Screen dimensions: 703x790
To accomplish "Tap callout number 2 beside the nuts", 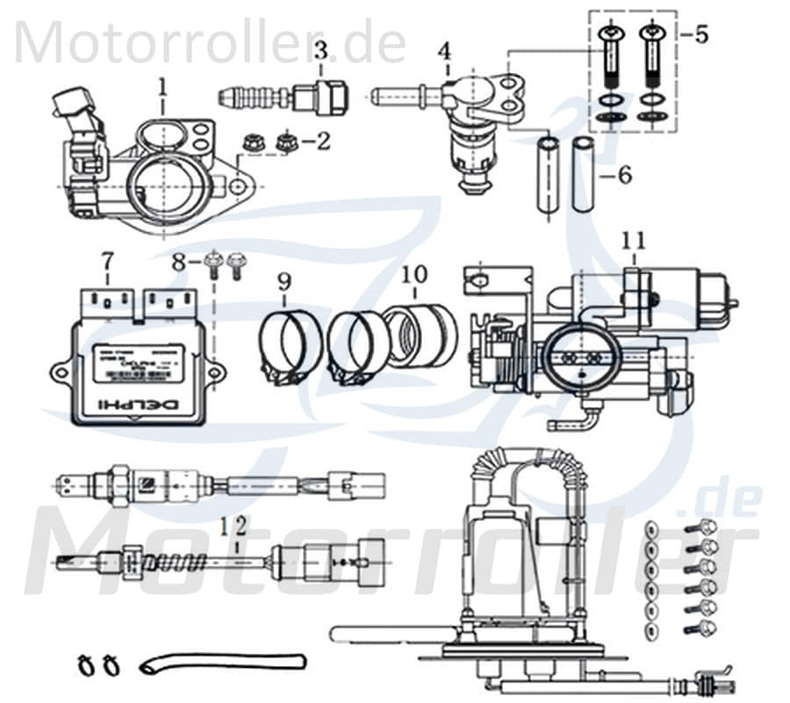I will click(x=323, y=140).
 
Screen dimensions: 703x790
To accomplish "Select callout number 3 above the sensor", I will click(x=321, y=51).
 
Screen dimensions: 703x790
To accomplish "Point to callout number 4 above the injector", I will click(x=447, y=51).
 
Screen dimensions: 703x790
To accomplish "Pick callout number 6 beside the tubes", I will click(x=623, y=175).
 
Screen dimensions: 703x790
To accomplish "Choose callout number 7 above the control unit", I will click(x=107, y=261).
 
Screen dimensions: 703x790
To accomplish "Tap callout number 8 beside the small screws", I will click(x=179, y=261).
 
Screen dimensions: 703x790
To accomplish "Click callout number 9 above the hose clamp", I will click(x=284, y=282).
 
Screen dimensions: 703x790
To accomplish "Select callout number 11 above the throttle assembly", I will click(x=633, y=240).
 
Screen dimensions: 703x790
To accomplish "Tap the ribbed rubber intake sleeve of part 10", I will click(x=420, y=335).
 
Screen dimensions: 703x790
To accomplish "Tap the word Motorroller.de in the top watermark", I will click(x=211, y=42).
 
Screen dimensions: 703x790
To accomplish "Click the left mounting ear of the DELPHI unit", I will click(x=62, y=373).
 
